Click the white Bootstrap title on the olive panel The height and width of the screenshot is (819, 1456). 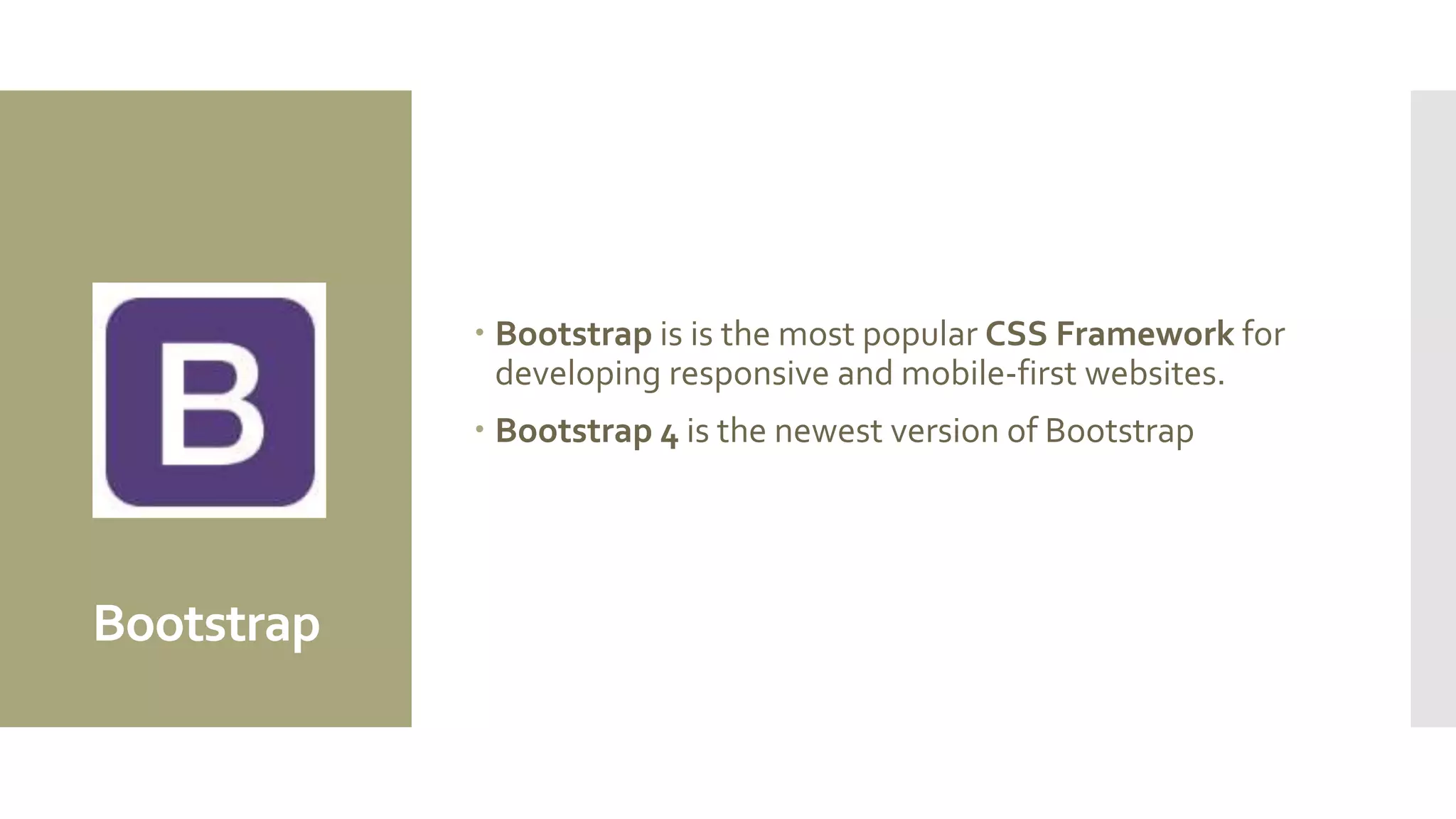click(206, 623)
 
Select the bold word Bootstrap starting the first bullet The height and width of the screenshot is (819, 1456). click(573, 333)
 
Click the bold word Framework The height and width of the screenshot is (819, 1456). click(1145, 333)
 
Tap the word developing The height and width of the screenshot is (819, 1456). click(577, 374)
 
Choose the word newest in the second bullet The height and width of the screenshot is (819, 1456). click(828, 431)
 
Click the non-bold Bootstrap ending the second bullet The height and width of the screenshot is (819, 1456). click(1119, 431)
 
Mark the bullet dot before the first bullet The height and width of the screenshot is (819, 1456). click(480, 331)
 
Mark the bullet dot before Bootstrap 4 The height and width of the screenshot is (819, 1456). click(480, 429)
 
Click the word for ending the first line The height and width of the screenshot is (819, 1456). click(1263, 333)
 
